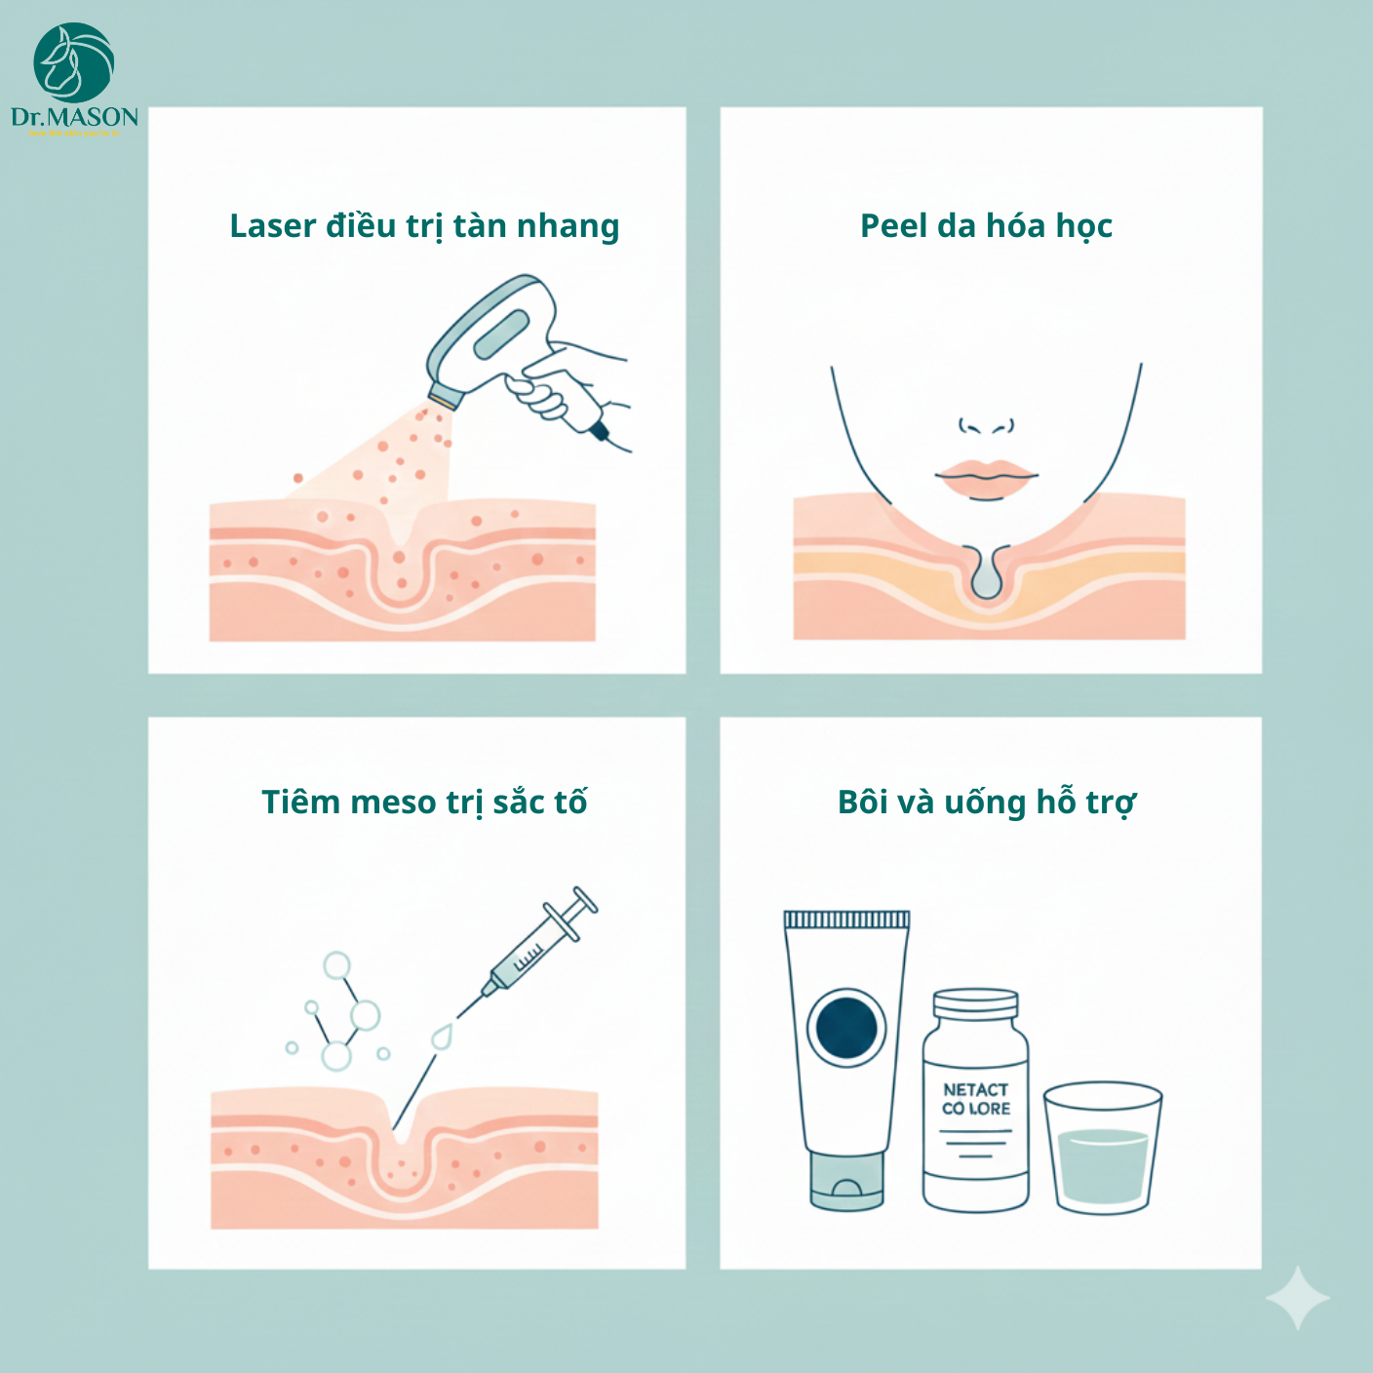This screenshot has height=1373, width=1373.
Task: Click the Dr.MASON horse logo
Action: [x=74, y=63]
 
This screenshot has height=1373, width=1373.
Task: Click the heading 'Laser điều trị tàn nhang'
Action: [x=424, y=226]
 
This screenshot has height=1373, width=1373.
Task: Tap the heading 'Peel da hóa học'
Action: [x=986, y=226]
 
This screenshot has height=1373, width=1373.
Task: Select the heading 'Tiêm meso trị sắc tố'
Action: [x=424, y=803]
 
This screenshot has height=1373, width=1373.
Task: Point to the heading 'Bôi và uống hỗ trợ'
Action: [x=986, y=803]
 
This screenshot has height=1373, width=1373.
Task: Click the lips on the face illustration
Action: [x=986, y=478]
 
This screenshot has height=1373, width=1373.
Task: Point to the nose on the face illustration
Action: [x=986, y=425]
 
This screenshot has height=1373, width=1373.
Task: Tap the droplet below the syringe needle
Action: [x=442, y=1038]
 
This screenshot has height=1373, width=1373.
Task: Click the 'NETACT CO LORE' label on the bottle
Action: [x=975, y=1099]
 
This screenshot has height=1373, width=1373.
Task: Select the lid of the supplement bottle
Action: [x=975, y=1003]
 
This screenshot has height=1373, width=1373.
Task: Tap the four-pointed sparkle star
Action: [x=1298, y=1298]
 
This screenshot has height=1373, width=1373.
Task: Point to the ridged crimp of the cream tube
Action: [x=846, y=920]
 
